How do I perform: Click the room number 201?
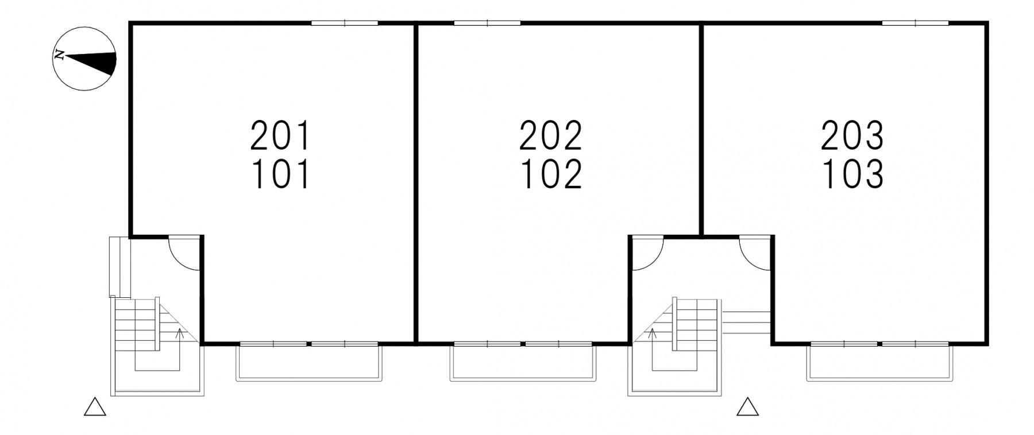pyautogui.click(x=280, y=135)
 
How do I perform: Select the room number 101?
pyautogui.click(x=280, y=174)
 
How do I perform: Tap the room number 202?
pyautogui.click(x=551, y=135)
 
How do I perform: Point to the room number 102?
pyautogui.click(x=551, y=174)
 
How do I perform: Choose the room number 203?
pyautogui.click(x=852, y=135)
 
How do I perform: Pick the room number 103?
pyautogui.click(x=852, y=174)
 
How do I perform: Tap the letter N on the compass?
pyautogui.click(x=58, y=56)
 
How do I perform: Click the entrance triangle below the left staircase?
pyautogui.click(x=95, y=407)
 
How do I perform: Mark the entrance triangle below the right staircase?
pyautogui.click(x=748, y=407)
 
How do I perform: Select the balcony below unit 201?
pyautogui.click(x=309, y=363)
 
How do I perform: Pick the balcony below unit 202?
pyautogui.click(x=523, y=363)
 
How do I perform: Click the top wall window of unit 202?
pyautogui.click(x=487, y=24)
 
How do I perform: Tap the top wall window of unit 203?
pyautogui.click(x=915, y=24)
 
